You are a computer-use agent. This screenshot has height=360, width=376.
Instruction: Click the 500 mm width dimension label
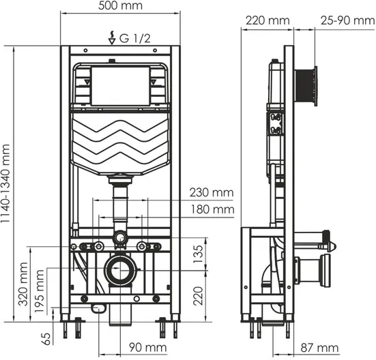[x=120, y=5]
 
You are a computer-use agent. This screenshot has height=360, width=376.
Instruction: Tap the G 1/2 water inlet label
[x=134, y=38]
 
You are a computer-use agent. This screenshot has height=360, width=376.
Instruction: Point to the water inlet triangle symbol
[x=112, y=41]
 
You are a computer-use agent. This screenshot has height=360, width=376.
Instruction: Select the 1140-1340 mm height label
[x=5, y=183]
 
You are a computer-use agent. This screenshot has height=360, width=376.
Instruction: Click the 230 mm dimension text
[x=212, y=192]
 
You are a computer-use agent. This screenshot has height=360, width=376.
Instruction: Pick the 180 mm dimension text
[x=212, y=209]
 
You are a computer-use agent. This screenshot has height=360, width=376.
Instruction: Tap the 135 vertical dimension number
[x=199, y=254]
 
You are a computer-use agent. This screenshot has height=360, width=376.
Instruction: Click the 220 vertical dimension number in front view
[x=199, y=296]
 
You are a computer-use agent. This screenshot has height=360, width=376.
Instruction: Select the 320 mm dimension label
[x=23, y=284]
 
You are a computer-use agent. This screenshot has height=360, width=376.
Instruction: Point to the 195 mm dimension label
[x=40, y=290]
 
